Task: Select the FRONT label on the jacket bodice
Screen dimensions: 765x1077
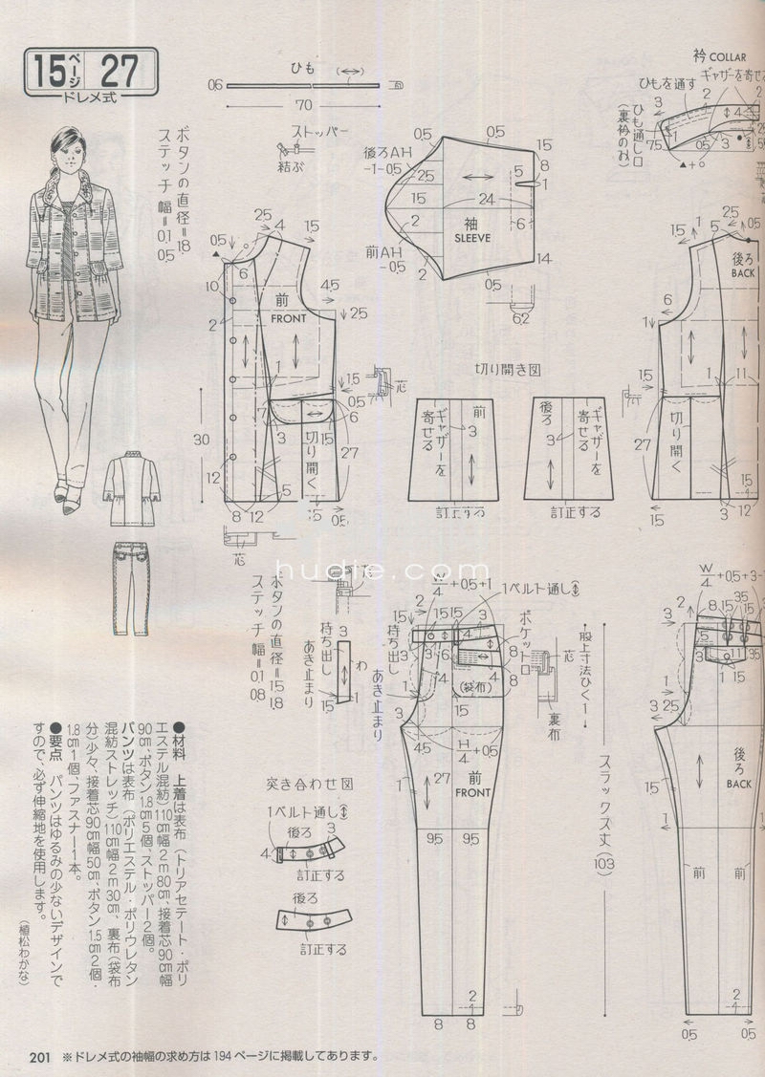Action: pyautogui.click(x=287, y=318)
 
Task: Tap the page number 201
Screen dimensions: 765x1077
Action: pyautogui.click(x=39, y=1057)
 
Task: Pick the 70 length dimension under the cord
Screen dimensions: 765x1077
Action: pyautogui.click(x=306, y=105)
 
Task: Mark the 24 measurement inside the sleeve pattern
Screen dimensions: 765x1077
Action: pyautogui.click(x=489, y=200)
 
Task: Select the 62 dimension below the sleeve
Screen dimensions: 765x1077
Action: pyautogui.click(x=520, y=318)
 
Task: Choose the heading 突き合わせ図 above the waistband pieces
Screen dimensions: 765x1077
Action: pyautogui.click(x=311, y=783)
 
